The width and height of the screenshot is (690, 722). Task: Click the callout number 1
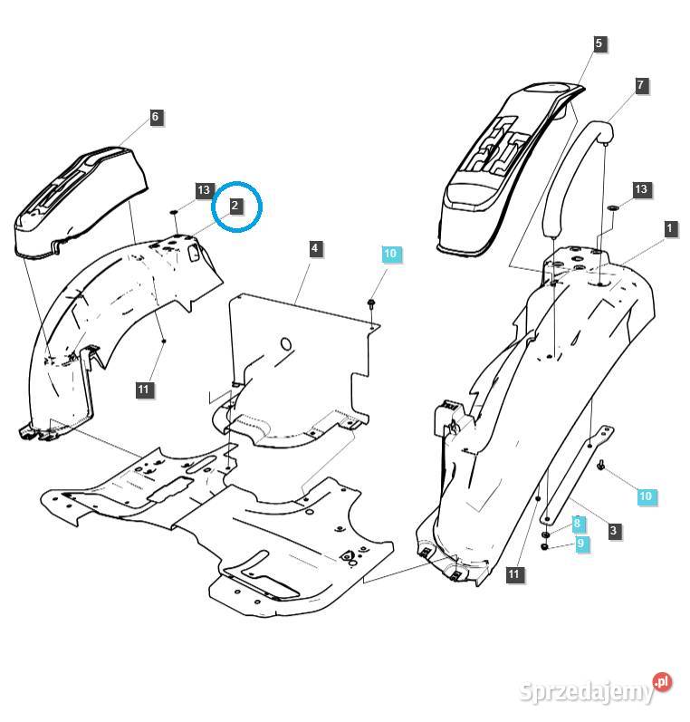tap(670, 228)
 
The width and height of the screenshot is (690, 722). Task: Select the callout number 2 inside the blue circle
tap(235, 206)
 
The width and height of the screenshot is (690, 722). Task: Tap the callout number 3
tap(615, 531)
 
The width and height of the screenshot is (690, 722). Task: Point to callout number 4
tap(314, 248)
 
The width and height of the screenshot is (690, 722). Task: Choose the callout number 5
tap(599, 43)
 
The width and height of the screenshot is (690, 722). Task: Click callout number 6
tap(155, 117)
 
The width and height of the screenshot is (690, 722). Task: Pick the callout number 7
tap(641, 85)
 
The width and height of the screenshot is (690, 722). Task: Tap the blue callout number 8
tap(577, 525)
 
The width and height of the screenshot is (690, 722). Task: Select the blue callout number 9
tap(581, 544)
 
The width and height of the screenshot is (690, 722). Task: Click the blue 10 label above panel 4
tap(390, 255)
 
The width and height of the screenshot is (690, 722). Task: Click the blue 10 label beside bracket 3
tap(646, 496)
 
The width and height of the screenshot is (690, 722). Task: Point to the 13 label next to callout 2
tap(204, 190)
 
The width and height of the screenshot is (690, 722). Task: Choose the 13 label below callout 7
tap(641, 189)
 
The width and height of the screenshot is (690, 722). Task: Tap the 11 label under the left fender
tap(144, 390)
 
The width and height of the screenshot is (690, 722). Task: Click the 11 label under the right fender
tap(514, 573)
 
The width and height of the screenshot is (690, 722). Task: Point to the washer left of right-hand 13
tap(613, 208)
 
